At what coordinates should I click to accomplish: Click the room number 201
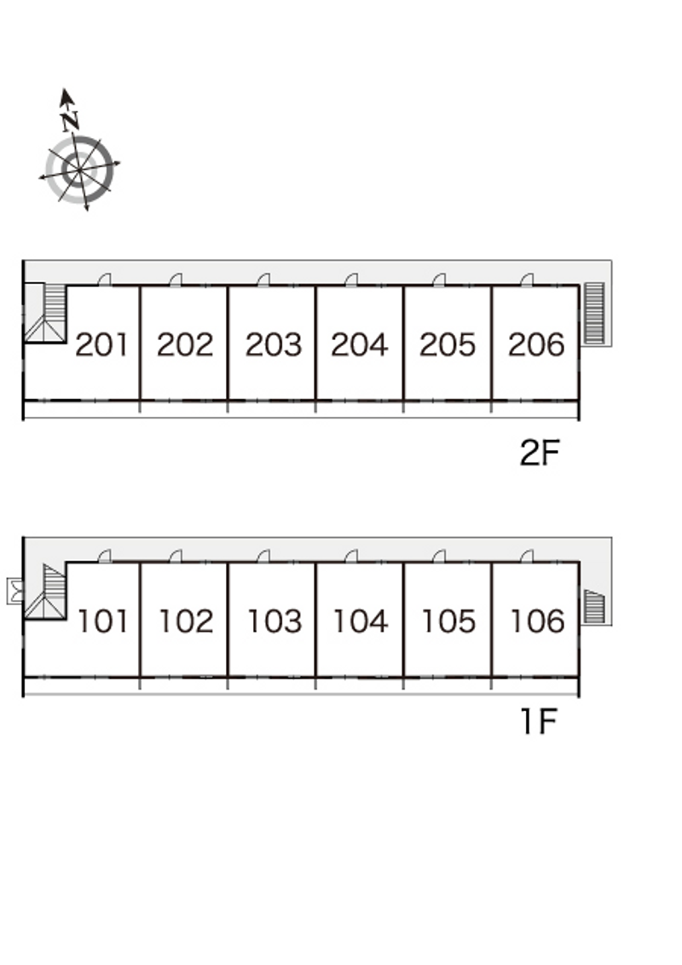pyautogui.click(x=101, y=344)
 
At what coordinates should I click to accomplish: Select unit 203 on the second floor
pyautogui.click(x=274, y=344)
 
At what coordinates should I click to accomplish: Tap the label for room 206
pyautogui.click(x=536, y=344)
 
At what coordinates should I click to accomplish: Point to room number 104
pyautogui.click(x=361, y=621)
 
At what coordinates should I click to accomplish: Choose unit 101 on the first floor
pyautogui.click(x=103, y=621)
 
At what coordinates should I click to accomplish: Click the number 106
pyautogui.click(x=537, y=621)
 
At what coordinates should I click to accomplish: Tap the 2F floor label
pyautogui.click(x=539, y=454)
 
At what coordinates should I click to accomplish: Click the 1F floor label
pyautogui.click(x=539, y=721)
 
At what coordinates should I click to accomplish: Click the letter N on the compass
pyautogui.click(x=71, y=121)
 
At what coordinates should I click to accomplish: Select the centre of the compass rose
pyautogui.click(x=79, y=170)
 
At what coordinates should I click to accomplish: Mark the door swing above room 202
pyautogui.click(x=176, y=280)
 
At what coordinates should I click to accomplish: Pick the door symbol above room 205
pyautogui.click(x=439, y=280)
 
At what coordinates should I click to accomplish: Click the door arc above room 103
pyautogui.click(x=263, y=557)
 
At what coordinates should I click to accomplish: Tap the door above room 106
pyautogui.click(x=527, y=557)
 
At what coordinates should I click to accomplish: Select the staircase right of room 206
pyautogui.click(x=594, y=313)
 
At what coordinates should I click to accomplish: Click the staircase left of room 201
pyautogui.click(x=45, y=313)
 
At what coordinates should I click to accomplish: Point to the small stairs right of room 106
pyautogui.click(x=594, y=606)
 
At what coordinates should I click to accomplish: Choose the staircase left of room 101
pyautogui.click(x=45, y=592)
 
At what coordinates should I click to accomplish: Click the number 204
pyautogui.click(x=360, y=344)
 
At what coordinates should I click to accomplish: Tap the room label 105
pyautogui.click(x=448, y=621)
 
